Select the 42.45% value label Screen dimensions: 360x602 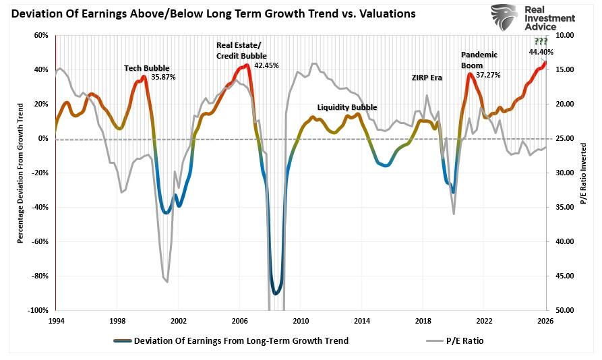[x=266, y=65]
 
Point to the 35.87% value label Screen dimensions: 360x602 [x=163, y=77]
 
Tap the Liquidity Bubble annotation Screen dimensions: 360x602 [x=347, y=107]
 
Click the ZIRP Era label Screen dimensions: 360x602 [x=427, y=78]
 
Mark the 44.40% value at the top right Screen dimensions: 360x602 [x=541, y=52]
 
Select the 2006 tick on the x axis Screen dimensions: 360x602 [x=239, y=320]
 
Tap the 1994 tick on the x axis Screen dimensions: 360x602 [x=56, y=320]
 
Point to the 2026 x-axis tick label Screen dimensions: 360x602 [x=545, y=320]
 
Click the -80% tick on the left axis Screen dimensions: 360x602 [x=40, y=276]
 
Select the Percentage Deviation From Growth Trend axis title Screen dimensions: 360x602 [x=20, y=173]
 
